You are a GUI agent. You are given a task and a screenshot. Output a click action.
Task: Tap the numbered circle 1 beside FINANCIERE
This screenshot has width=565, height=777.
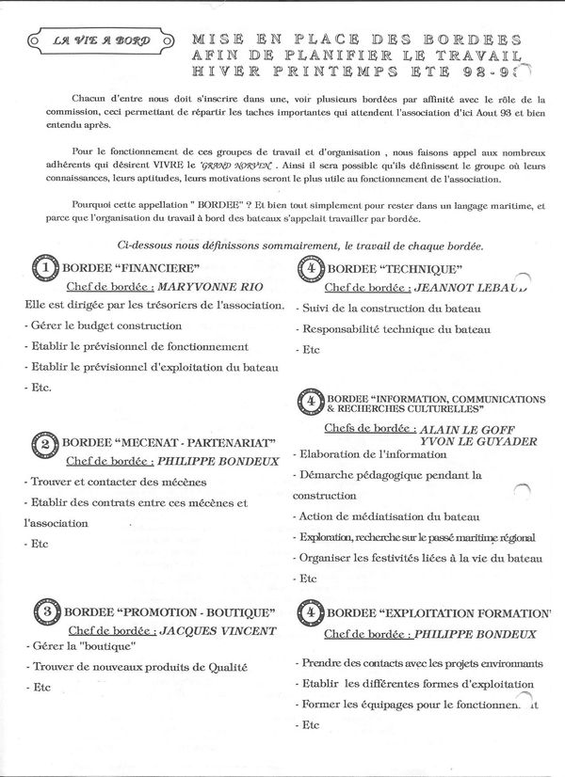(46, 270)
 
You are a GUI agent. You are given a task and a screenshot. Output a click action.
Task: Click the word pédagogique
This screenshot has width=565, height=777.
(400, 475)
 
